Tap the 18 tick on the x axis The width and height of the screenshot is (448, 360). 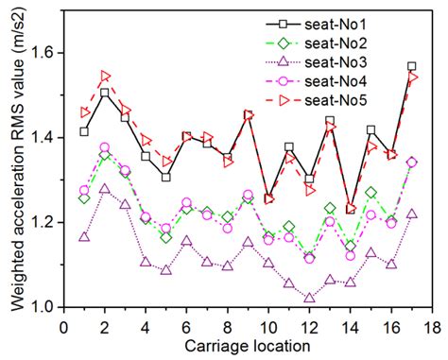(x=431, y=326)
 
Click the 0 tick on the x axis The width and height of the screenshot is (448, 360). (x=63, y=326)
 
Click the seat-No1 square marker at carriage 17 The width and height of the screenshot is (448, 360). (x=411, y=66)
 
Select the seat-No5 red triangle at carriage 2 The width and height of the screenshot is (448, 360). (x=105, y=76)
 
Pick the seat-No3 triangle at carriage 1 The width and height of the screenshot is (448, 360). (x=84, y=236)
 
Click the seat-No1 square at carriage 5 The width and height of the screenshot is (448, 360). (x=166, y=177)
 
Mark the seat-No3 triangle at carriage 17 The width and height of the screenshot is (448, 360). (x=411, y=214)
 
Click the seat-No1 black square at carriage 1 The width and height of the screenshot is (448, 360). (x=84, y=131)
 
